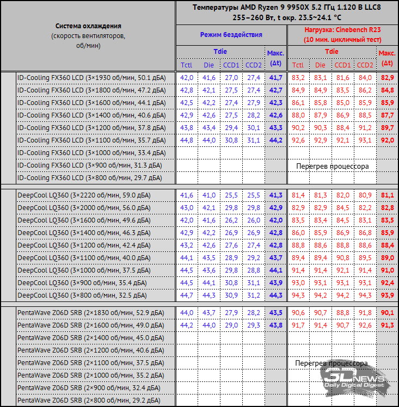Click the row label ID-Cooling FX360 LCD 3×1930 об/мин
90,77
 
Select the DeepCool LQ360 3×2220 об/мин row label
84,195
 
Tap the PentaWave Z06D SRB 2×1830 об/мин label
90,312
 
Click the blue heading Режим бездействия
231,34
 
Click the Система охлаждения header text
88,26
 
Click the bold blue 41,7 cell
275,77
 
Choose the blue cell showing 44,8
187,140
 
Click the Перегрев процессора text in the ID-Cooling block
332,165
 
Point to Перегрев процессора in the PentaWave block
332,363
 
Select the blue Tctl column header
187,65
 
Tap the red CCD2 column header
366,65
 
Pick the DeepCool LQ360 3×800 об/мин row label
82,295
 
